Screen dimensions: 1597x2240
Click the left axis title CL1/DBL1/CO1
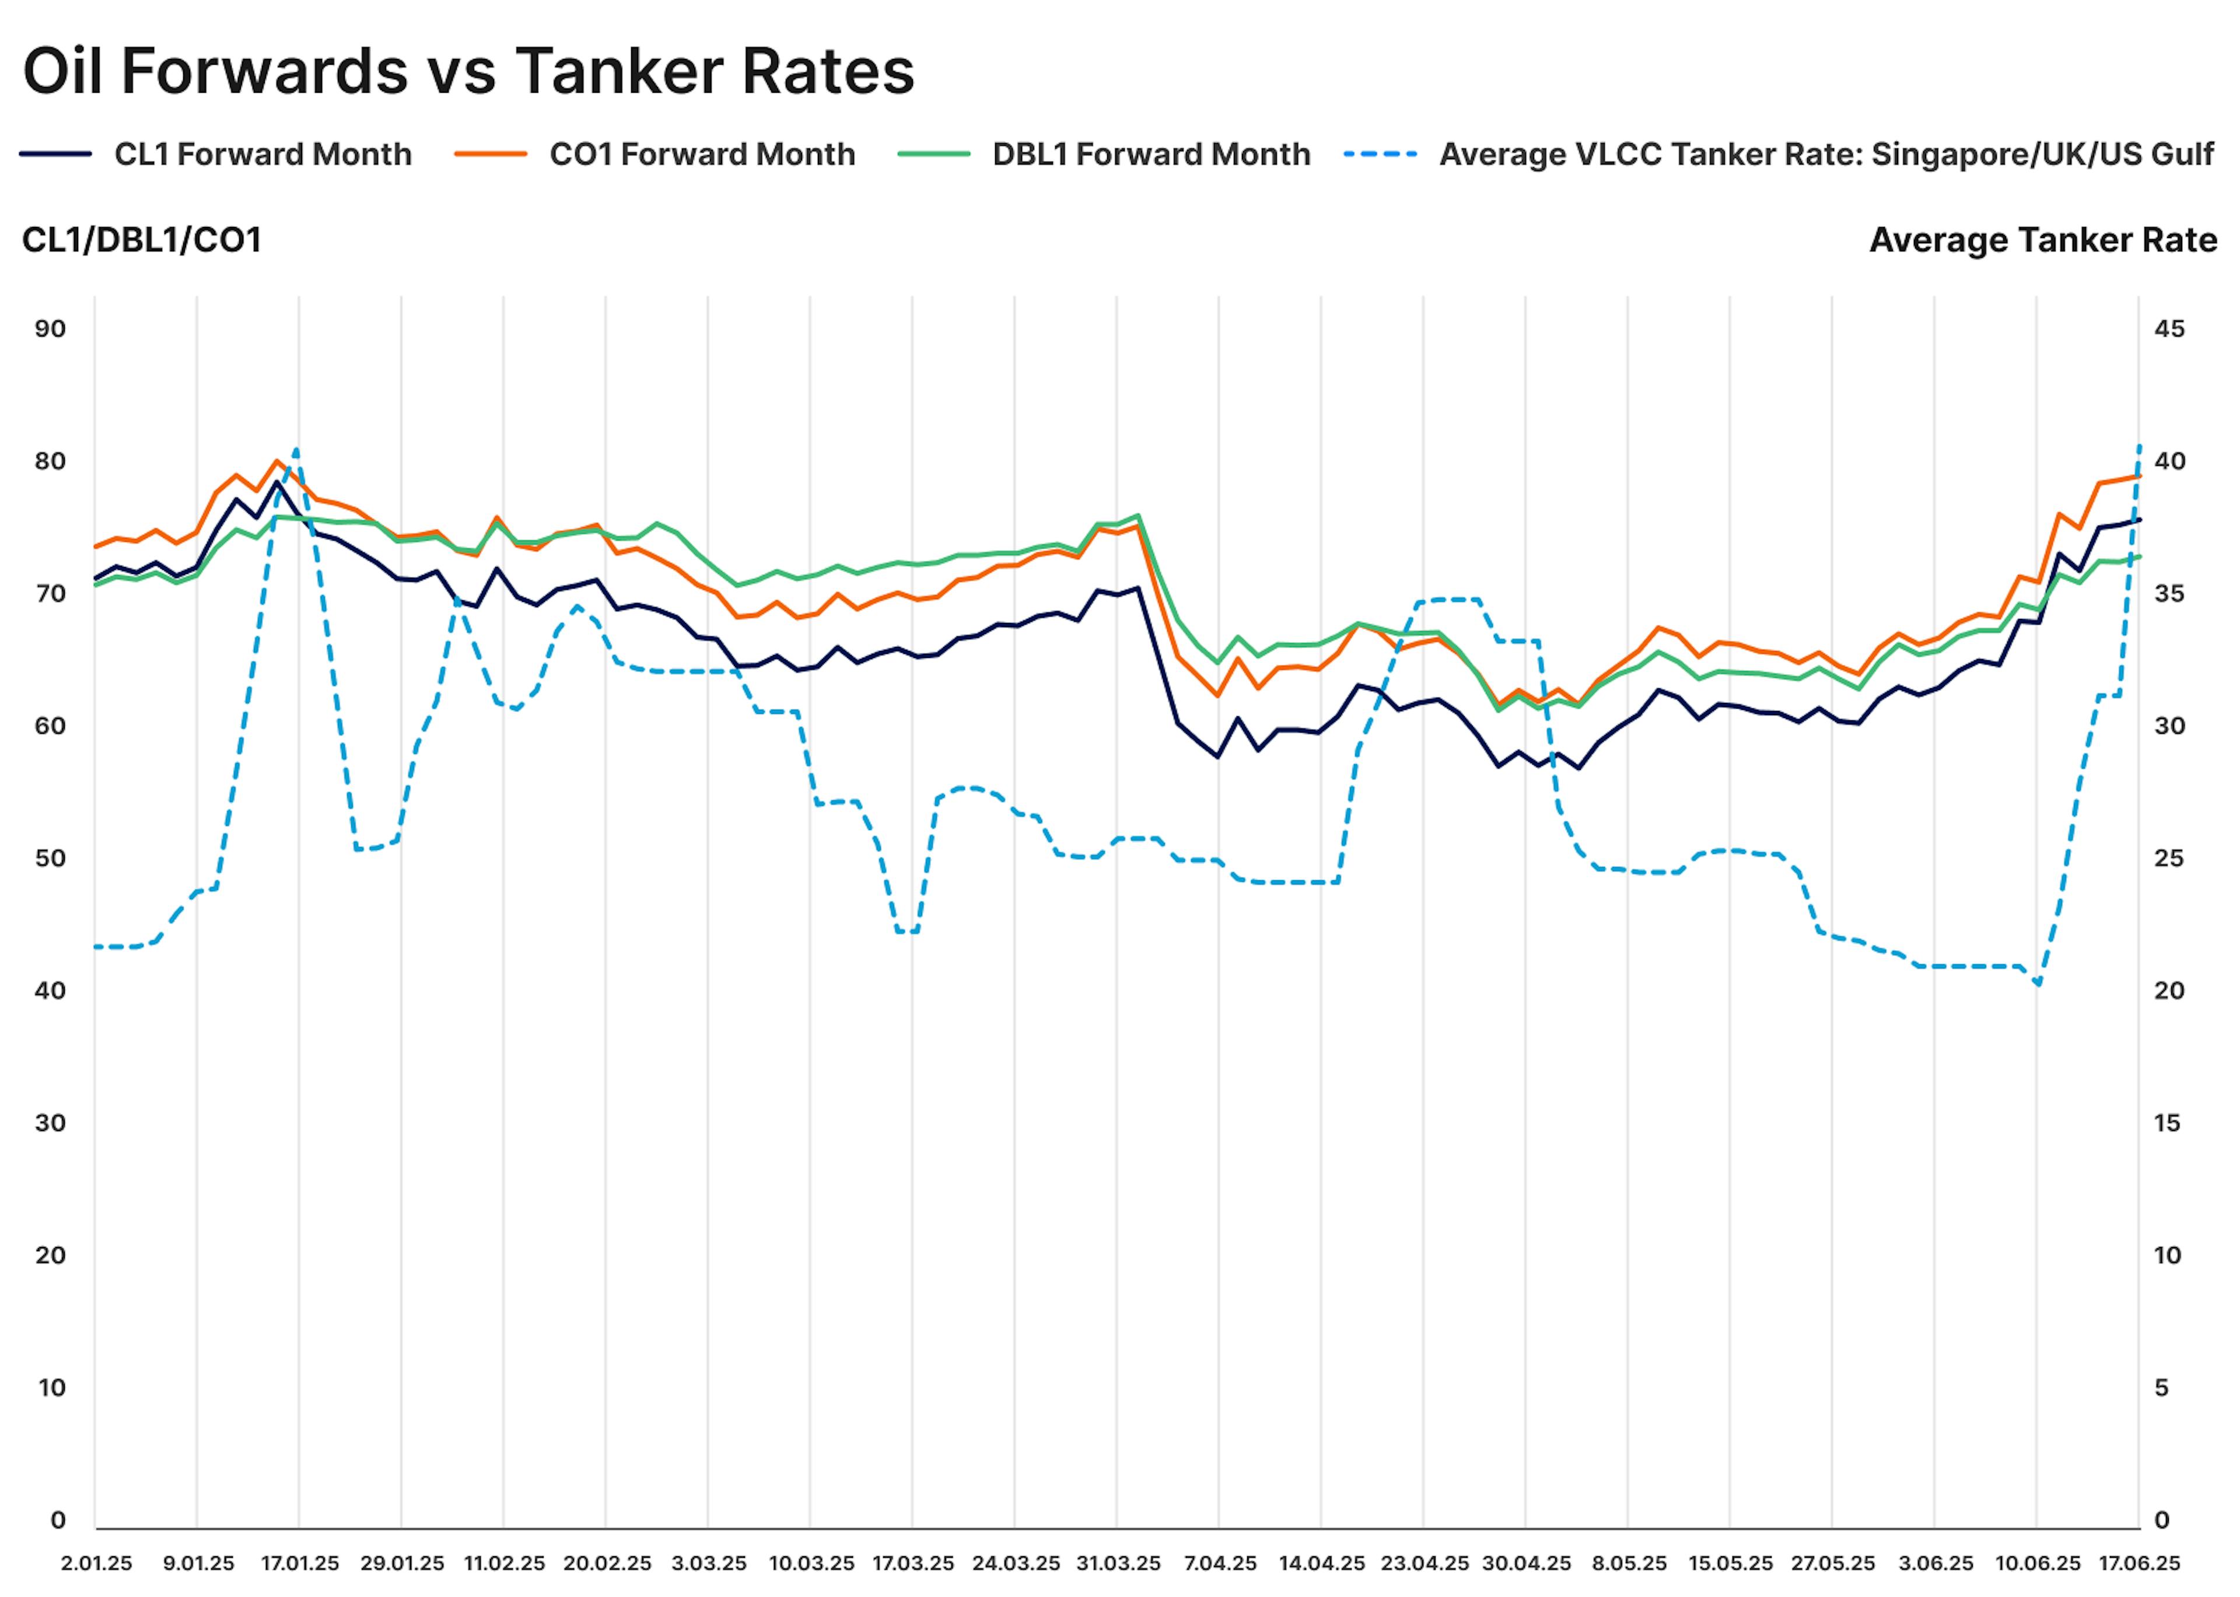pyautogui.click(x=142, y=240)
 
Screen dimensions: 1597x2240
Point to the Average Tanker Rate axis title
pyautogui.click(x=2042, y=240)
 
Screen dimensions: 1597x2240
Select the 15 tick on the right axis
pyautogui.click(x=2167, y=1122)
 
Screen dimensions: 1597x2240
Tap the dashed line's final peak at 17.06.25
pyautogui.click(x=2138, y=446)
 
